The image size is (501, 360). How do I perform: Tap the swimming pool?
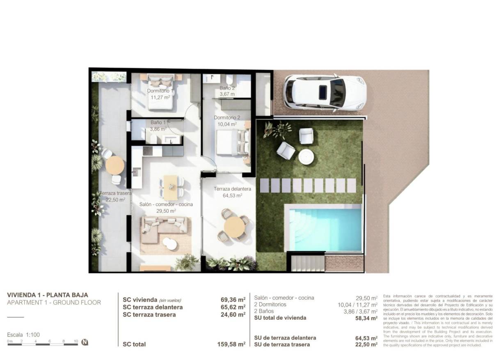coord(323,229)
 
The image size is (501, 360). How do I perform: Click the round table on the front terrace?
coord(234,226)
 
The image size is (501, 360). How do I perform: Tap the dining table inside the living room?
coord(171,182)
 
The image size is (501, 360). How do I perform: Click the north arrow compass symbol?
coord(85,342)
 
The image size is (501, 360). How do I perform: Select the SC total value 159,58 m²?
coord(231,344)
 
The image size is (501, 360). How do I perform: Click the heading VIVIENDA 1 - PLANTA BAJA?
coord(48,295)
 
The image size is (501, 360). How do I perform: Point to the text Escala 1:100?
coord(23,335)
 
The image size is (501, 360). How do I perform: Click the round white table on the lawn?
coord(306,156)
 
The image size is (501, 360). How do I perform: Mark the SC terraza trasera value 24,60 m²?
coord(233,314)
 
